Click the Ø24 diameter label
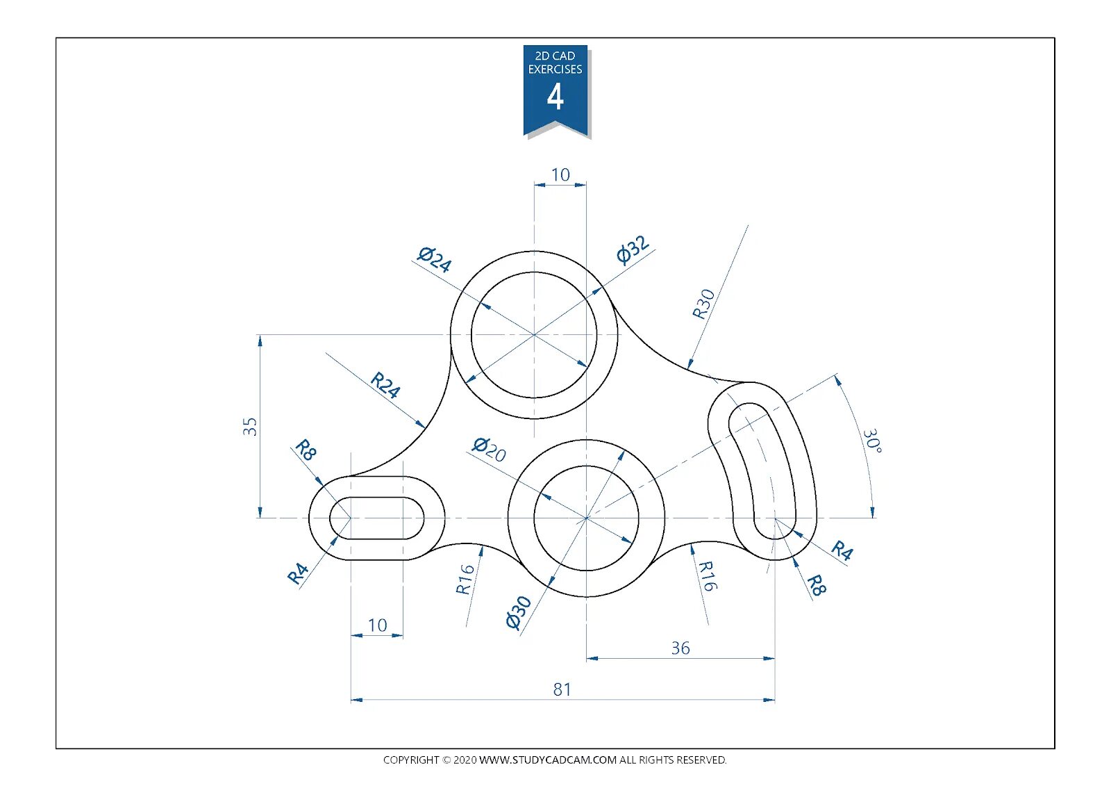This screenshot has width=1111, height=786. (435, 259)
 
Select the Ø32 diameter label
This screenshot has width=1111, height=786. (633, 249)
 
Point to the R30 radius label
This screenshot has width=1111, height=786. (703, 304)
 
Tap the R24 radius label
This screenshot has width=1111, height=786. (385, 384)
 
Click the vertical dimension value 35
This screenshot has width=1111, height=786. (250, 426)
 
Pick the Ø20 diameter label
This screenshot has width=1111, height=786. (489, 449)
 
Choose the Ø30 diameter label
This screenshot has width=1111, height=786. (518, 612)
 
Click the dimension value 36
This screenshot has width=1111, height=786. (680, 648)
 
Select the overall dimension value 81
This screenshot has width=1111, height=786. (562, 689)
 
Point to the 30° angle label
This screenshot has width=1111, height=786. (872, 441)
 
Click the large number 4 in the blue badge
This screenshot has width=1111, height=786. (555, 97)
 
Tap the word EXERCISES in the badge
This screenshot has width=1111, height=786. (555, 69)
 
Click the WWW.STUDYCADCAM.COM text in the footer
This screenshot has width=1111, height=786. (548, 760)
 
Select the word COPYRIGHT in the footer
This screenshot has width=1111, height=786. (411, 760)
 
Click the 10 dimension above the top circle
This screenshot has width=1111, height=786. (560, 175)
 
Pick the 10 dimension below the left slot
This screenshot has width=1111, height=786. (377, 625)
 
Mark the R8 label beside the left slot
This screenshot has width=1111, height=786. (306, 450)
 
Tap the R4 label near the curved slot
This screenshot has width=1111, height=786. (842, 550)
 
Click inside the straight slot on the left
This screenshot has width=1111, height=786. (377, 518)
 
